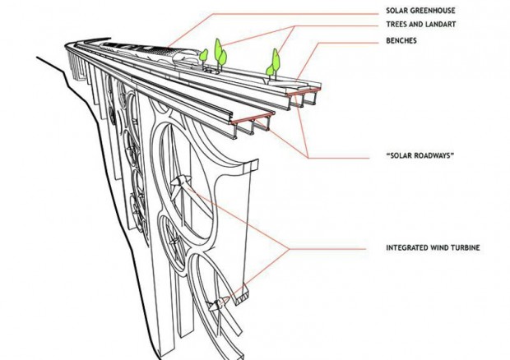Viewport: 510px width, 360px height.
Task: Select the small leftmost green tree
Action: (x=202, y=56)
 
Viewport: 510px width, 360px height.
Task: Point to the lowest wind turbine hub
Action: (x=219, y=305)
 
